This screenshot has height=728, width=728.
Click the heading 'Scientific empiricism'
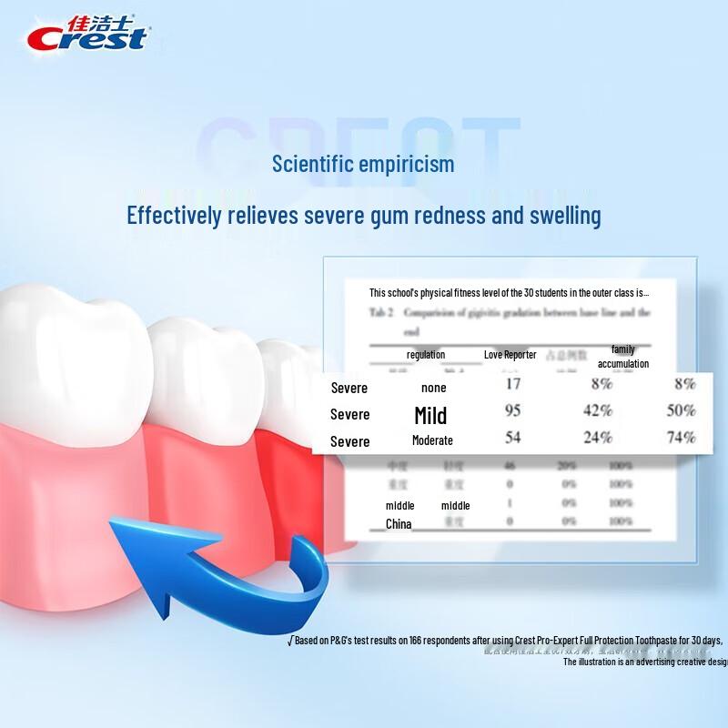click(363, 165)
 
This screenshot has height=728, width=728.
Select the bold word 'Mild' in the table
click(430, 416)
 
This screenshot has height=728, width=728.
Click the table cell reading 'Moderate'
click(431, 440)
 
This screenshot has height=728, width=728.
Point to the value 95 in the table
click(512, 410)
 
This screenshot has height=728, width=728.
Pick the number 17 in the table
click(512, 384)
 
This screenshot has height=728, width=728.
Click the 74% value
click(681, 437)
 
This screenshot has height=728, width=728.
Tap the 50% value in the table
click(681, 410)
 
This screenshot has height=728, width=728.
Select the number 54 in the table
click(512, 437)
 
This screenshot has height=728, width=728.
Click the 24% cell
click(597, 437)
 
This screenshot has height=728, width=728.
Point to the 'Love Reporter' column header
click(510, 354)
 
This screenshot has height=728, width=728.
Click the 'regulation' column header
click(426, 355)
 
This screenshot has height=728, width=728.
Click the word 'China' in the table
click(399, 524)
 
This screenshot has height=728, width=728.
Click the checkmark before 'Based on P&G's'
click(290, 641)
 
